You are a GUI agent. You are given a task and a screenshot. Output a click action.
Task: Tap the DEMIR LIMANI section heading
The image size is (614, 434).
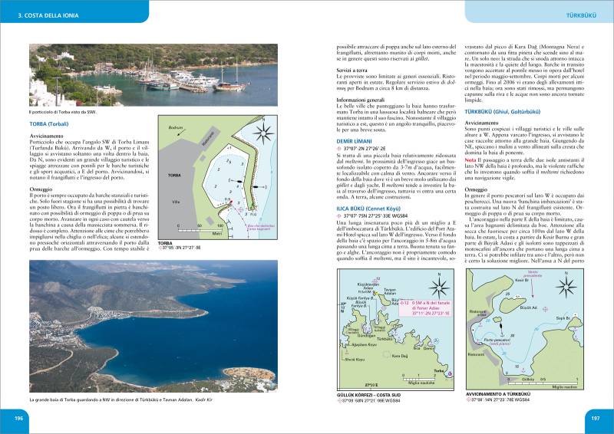point(358,142)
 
